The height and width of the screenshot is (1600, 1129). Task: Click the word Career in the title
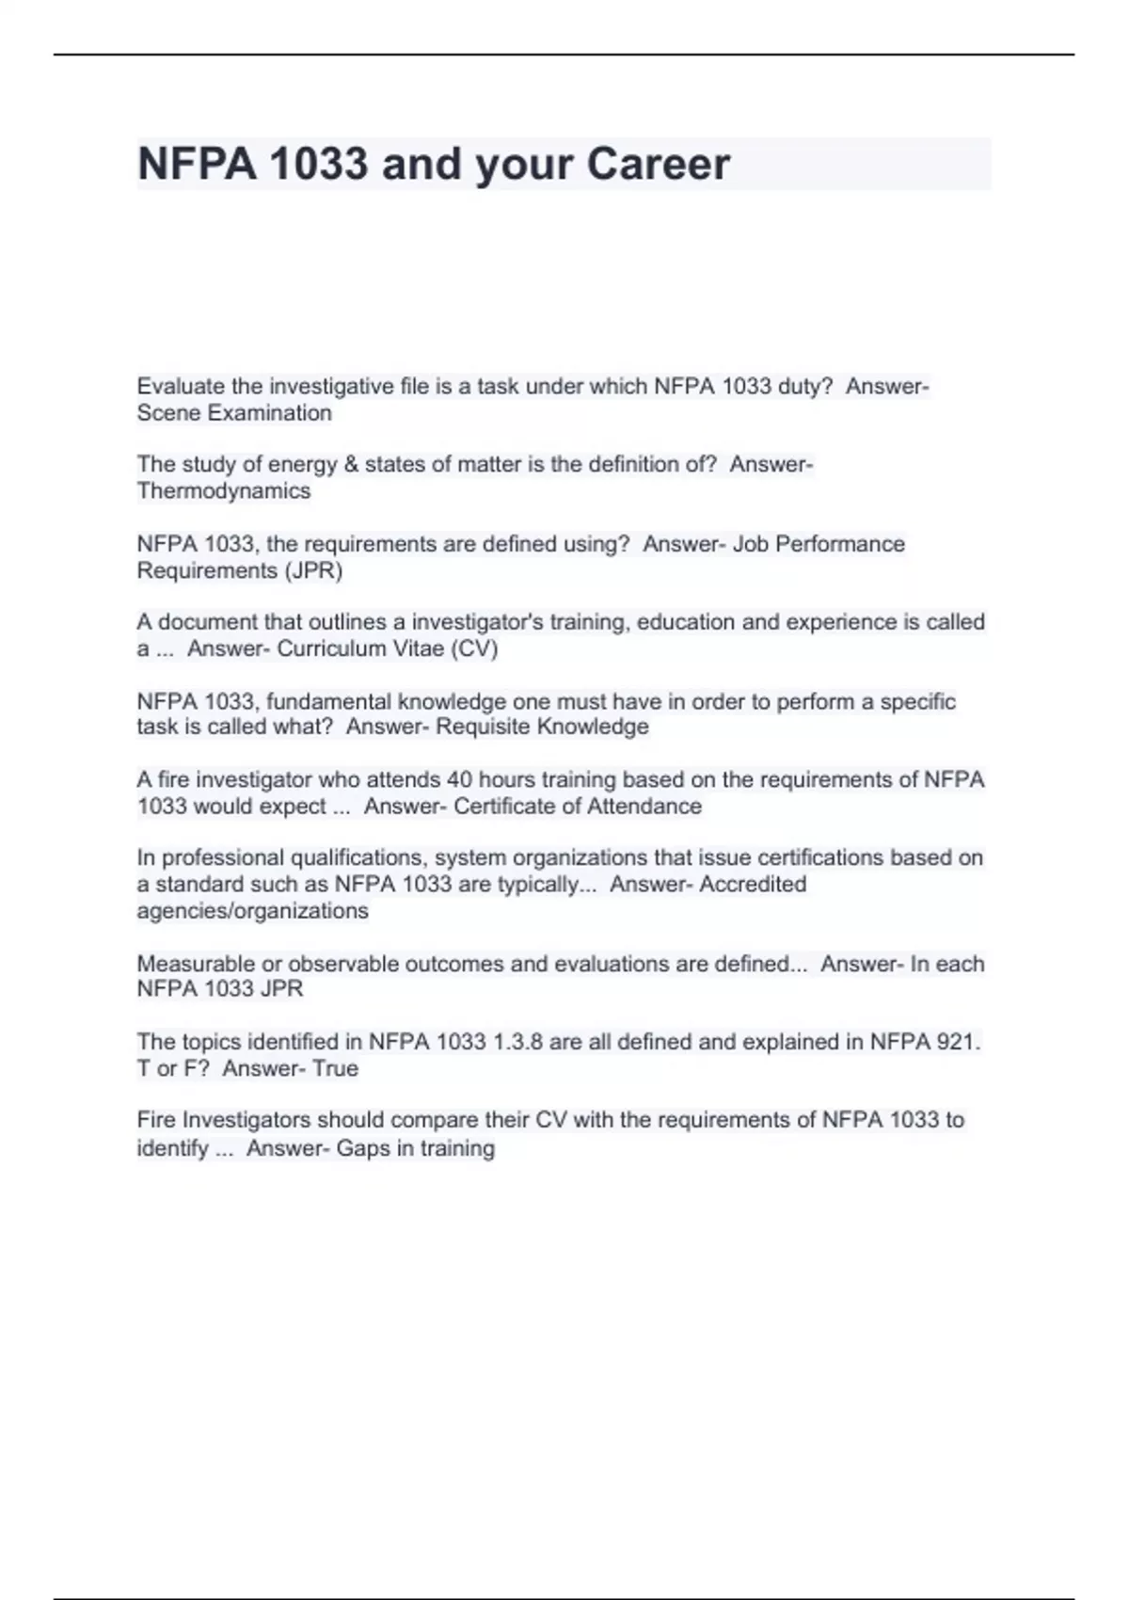coord(658,164)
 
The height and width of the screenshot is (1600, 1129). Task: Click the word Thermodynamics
coord(223,491)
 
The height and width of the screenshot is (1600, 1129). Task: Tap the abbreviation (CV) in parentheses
coord(478,648)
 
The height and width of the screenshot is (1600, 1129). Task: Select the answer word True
coord(335,1068)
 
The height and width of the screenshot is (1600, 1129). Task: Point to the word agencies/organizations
coord(252,911)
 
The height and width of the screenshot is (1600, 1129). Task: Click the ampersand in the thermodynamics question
coord(350,465)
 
